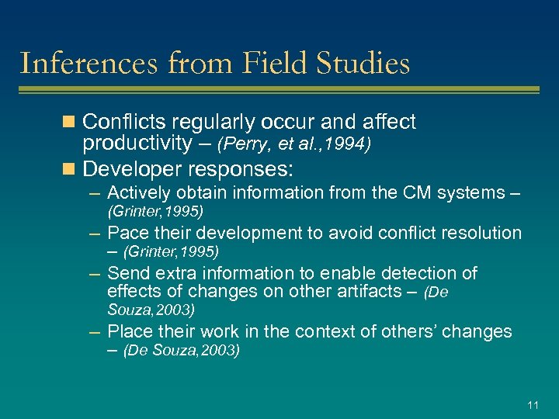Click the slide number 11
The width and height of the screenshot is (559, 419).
point(533,405)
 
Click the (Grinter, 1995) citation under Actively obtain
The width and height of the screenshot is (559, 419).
point(155,211)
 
